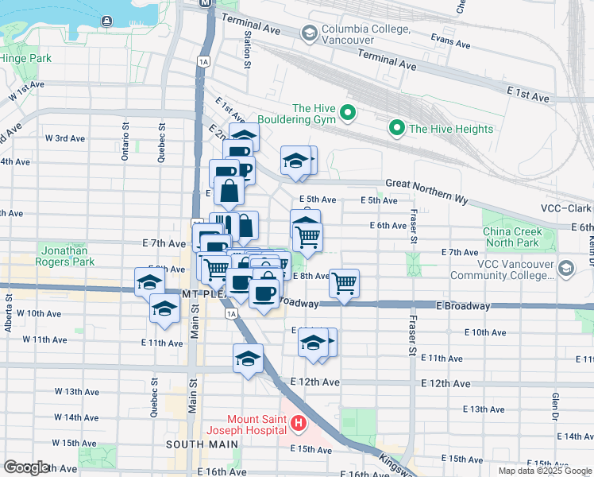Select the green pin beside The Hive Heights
[396, 128]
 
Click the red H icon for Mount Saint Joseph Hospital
[298, 425]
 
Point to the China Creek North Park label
[512, 237]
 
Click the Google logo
[25, 467]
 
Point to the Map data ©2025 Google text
[546, 471]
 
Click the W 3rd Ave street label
[65, 138]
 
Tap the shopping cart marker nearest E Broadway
[344, 283]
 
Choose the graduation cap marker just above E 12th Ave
[248, 358]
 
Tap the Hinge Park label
[26, 58]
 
